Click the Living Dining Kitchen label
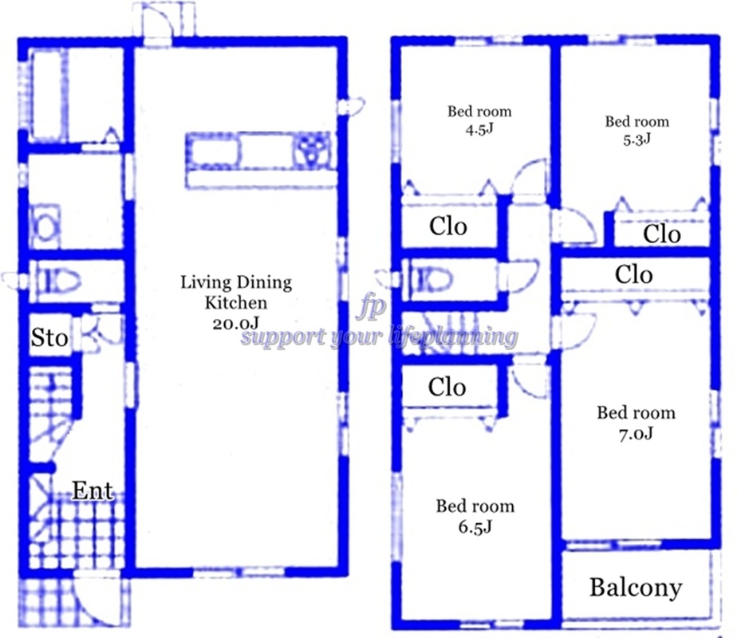[x=236, y=292]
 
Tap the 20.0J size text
[x=235, y=324]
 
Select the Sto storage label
[x=49, y=338]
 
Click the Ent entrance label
[x=93, y=490]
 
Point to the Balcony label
[x=636, y=588]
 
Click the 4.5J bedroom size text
[x=479, y=129]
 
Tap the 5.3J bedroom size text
[x=637, y=140]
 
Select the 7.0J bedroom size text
[x=636, y=434]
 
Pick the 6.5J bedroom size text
[x=475, y=527]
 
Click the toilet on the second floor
[x=431, y=279]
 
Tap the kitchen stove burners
[x=311, y=149]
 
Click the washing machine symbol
[x=45, y=226]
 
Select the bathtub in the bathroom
[x=47, y=95]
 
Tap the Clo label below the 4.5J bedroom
[x=448, y=226]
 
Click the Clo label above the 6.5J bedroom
[x=447, y=387]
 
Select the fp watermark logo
[x=372, y=307]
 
